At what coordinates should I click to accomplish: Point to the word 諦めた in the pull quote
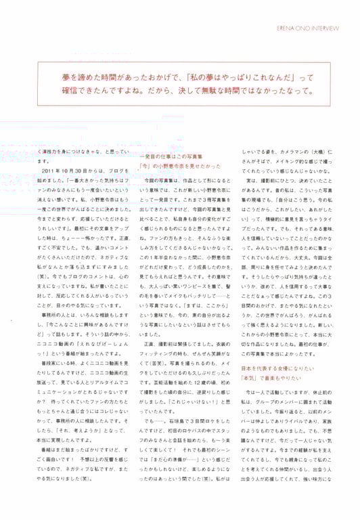point(86,77)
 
